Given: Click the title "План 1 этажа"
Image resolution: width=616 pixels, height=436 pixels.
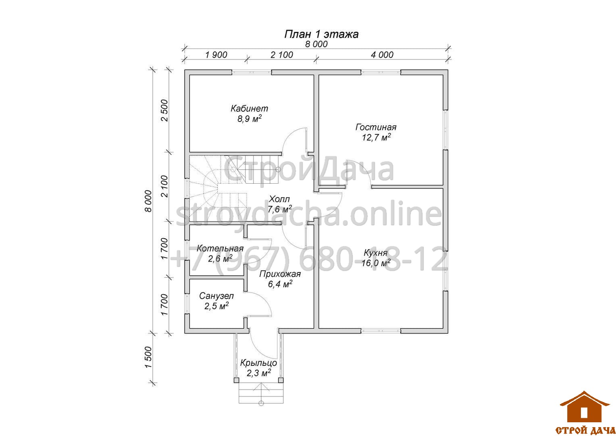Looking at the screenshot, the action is tap(321, 34).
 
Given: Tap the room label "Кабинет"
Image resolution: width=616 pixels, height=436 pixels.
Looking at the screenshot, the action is tap(249, 109).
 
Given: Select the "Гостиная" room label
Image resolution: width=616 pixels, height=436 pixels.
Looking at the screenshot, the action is tap(376, 127).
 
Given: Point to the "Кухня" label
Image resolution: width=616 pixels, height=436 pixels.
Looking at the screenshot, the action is tap(376, 253).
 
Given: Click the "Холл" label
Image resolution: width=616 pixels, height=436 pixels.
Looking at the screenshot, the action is tap(279, 199).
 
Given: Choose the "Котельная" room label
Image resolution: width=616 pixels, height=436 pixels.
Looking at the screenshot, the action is tap(220, 248).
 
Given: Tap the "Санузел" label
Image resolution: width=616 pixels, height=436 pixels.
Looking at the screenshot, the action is tap(216, 296).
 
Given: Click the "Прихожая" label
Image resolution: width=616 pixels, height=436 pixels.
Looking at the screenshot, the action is tap(280, 274).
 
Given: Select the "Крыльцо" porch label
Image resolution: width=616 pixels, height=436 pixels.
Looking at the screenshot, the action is tap(258, 363).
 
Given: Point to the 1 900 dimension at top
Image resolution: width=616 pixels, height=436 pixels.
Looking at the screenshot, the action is tap(216, 55).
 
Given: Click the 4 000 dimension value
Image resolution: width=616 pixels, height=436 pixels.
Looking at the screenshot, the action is tap(382, 55).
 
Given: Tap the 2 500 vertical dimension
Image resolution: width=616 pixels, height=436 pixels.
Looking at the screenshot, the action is tap(164, 111).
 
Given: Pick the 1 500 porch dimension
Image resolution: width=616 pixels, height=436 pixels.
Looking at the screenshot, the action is tap(148, 357).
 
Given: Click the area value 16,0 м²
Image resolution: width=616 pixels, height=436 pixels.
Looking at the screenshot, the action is tap(376, 263).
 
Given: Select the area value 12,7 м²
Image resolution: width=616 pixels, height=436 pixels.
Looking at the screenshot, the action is tap(376, 137).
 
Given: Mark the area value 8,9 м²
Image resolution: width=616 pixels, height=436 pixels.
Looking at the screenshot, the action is tap(250, 119).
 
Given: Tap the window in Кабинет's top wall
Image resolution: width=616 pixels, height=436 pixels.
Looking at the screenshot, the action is tap(251, 72).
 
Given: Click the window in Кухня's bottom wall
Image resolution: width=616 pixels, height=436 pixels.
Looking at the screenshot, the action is tap(381, 331).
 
